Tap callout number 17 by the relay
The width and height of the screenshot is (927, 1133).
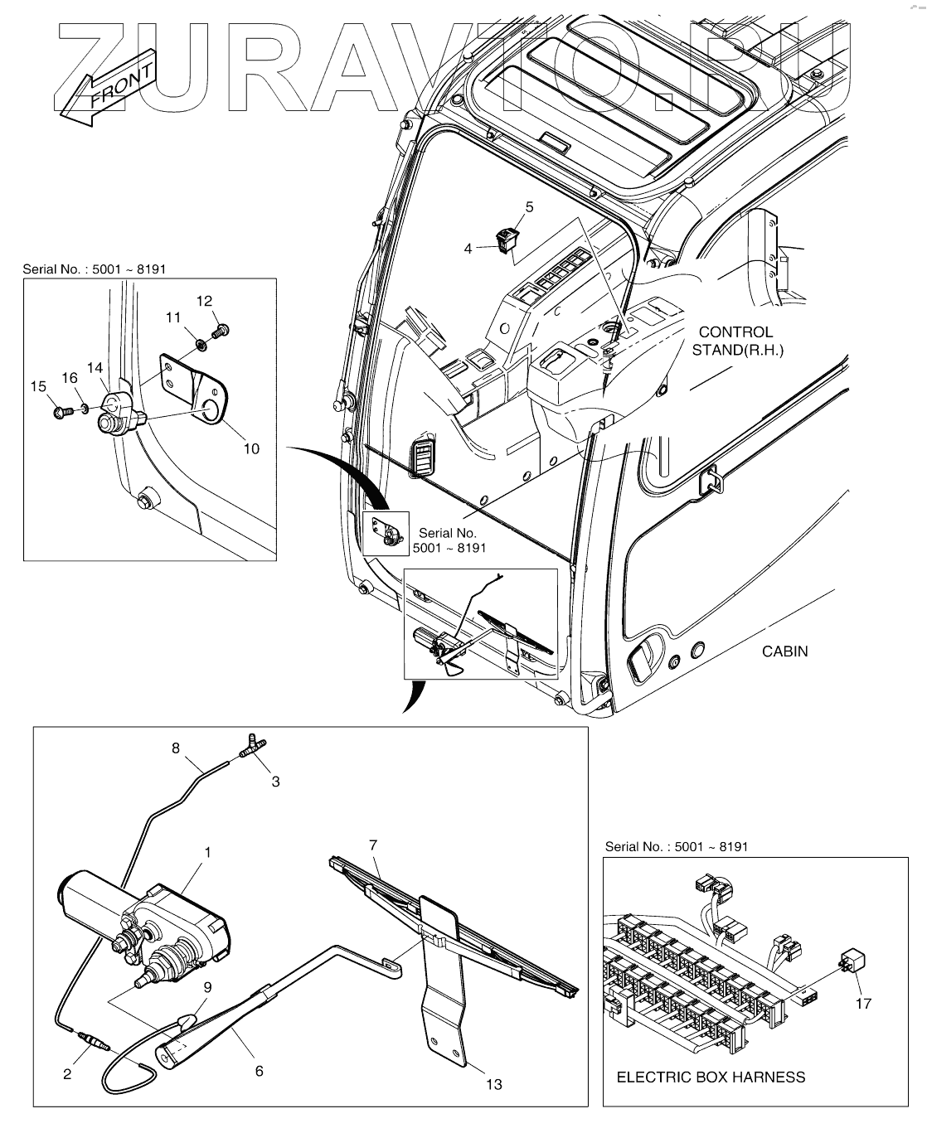863,1003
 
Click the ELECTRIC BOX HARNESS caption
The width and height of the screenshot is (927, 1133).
711,1077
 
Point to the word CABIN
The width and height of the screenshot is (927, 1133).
784,651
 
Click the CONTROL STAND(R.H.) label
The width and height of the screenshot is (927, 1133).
737,341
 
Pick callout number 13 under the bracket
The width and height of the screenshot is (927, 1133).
493,1084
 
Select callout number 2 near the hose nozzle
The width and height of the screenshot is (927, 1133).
67,1075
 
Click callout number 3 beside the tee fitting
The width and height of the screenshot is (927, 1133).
276,781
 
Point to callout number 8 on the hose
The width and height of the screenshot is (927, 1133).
175,748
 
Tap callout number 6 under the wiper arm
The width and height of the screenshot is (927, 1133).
259,1071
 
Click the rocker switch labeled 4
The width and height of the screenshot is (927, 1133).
506,241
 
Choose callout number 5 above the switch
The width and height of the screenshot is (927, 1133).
529,207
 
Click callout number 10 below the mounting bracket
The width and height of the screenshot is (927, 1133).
251,448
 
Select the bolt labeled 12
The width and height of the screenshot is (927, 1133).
221,331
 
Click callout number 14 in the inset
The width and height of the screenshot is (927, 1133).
95,367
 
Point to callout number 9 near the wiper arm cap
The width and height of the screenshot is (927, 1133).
206,987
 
